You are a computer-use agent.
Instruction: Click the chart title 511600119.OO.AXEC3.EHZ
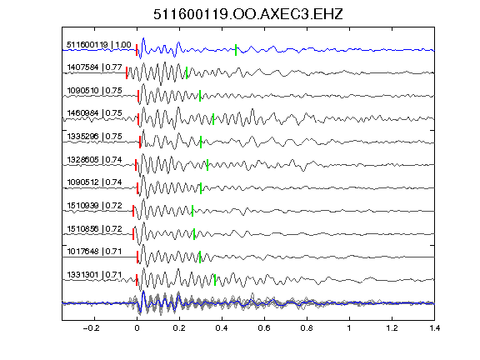[248, 14]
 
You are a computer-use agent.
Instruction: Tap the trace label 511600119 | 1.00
[99, 45]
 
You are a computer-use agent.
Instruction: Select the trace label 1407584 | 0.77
[95, 67]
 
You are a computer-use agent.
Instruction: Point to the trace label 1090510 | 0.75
[95, 91]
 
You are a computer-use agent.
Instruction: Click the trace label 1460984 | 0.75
[95, 113]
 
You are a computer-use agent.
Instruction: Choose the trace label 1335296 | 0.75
[95, 137]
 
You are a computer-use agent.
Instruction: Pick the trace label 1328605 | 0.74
[95, 160]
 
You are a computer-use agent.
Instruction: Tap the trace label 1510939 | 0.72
[95, 205]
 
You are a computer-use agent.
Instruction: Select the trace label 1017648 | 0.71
[95, 252]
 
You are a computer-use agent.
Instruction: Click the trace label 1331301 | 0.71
[95, 275]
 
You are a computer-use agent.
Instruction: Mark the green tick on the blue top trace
[236, 50]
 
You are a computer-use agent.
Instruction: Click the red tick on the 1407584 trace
[127, 73]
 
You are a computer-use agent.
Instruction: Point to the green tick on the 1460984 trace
[213, 119]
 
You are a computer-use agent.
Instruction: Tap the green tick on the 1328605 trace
[207, 165]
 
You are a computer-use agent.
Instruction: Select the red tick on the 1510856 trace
[133, 234]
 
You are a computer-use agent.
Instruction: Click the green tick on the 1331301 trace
[215, 280]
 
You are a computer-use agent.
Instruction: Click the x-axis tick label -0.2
[92, 328]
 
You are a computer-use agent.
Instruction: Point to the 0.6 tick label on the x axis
[264, 328]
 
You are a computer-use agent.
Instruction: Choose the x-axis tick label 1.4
[434, 328]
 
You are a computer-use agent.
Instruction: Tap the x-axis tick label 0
[137, 328]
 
